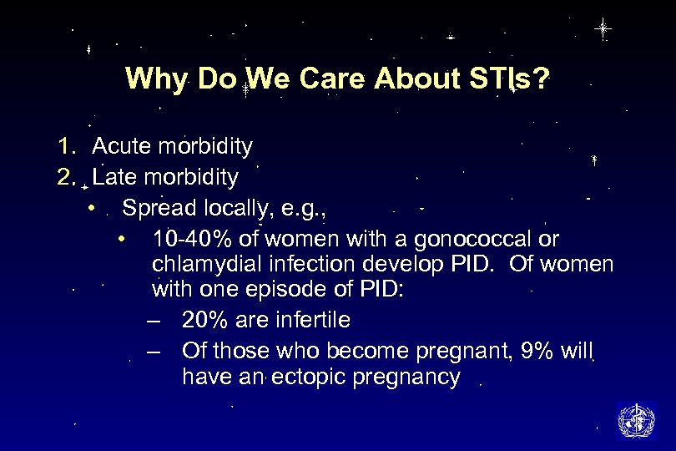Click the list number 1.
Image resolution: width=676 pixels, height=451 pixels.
67,147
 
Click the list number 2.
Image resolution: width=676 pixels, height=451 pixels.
67,177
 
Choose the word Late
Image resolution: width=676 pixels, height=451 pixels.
116,177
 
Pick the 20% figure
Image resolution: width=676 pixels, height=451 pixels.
206,320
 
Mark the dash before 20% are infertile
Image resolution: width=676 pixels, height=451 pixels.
151,321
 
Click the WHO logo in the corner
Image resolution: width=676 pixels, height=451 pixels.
637,419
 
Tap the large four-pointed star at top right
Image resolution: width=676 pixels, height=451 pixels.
603,29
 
